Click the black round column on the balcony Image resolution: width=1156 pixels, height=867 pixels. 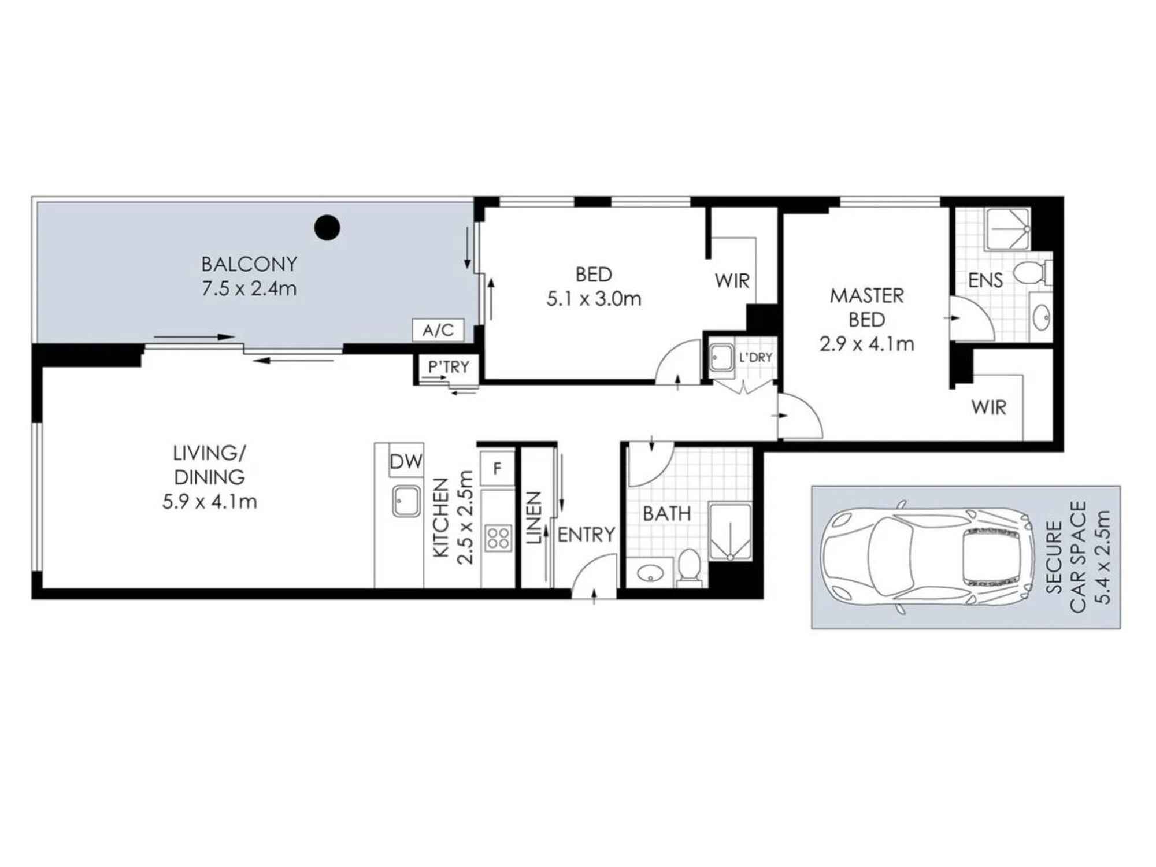[327, 228]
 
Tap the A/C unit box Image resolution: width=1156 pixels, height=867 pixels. [438, 330]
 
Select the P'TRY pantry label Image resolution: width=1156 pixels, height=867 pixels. [449, 367]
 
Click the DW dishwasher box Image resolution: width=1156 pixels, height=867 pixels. [406, 461]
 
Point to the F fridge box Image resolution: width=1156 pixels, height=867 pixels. [497, 469]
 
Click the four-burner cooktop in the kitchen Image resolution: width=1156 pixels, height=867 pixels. [498, 538]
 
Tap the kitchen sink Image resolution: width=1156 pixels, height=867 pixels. [406, 501]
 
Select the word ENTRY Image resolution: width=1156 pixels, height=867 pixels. [586, 535]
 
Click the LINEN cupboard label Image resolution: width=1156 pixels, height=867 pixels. [534, 518]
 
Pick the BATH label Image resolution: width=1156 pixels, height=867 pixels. [666, 513]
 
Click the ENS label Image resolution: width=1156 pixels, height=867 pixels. [985, 280]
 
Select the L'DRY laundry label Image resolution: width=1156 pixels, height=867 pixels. [755, 358]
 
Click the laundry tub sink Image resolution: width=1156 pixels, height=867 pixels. [721, 358]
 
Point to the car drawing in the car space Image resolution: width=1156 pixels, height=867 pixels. [927, 557]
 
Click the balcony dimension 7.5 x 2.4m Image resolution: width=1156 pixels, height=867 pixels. [249, 288]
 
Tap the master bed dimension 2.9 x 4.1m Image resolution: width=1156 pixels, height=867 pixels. [866, 344]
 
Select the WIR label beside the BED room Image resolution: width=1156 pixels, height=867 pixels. [732, 281]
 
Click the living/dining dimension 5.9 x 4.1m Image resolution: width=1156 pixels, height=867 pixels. [209, 502]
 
